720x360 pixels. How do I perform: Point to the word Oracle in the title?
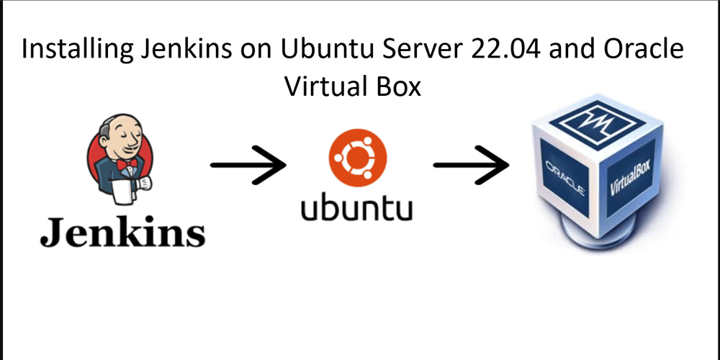(x=645, y=50)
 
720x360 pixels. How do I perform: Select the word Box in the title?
(x=397, y=87)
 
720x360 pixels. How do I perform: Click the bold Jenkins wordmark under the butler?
(x=122, y=232)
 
